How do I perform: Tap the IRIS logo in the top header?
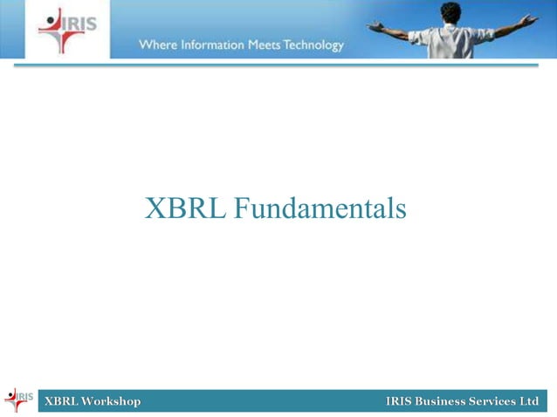(x=67, y=29)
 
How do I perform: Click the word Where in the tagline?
(x=157, y=44)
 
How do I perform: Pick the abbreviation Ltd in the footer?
(x=529, y=401)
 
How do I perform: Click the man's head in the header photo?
(x=450, y=12)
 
